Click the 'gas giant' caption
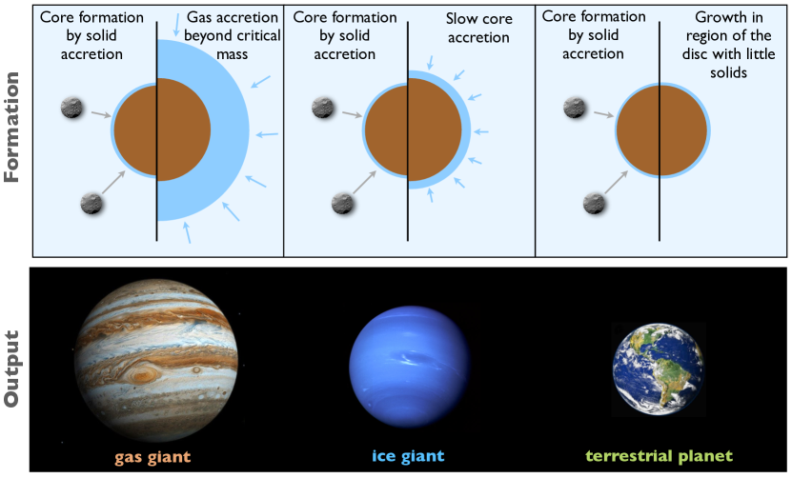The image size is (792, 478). pos(152,457)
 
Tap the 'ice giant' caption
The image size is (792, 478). pos(408,456)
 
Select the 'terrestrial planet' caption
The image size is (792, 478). pos(660,456)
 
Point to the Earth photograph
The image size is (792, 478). pos(659,368)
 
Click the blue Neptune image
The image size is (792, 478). pos(409,366)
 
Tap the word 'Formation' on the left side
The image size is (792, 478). pos(11,128)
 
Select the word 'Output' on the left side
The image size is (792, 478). pos(11,368)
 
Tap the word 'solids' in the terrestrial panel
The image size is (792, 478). pos(728,72)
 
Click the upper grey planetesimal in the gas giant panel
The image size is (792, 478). pos(71,108)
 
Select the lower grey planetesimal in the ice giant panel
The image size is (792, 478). pos(342,204)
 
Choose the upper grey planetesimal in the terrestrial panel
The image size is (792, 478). pos(575,108)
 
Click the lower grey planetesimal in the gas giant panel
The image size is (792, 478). pos(91,204)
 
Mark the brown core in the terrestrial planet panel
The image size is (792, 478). pos(662,130)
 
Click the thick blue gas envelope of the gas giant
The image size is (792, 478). pos(230,130)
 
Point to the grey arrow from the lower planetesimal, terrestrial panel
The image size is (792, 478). pos(617,182)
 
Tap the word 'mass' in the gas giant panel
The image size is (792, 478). pos(232,54)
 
